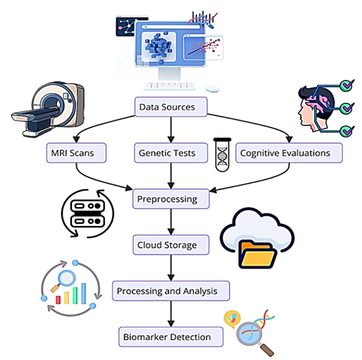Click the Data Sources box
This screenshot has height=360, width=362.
tap(171, 107)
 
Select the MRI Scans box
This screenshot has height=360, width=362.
tap(76, 153)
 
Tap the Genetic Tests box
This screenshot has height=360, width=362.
tap(171, 153)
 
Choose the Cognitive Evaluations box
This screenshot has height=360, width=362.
tap(289, 153)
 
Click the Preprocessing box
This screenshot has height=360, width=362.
tap(171, 199)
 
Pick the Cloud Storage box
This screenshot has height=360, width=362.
tap(171, 245)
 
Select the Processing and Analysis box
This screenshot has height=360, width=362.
tap(171, 291)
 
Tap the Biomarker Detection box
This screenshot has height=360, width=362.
tap(171, 337)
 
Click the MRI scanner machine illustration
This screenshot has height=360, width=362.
tap(48, 109)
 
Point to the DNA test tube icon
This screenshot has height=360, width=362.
tap(222, 155)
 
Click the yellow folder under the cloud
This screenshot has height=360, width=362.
tap(258, 255)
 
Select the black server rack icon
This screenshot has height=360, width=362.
tap(88, 213)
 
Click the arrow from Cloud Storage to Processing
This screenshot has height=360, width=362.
tap(171, 268)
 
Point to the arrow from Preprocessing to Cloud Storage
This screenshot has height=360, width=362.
tap(171, 222)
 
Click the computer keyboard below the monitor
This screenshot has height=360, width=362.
tap(169, 86)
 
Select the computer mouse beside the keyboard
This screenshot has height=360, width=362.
tap(212, 89)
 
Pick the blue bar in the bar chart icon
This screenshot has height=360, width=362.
tap(84, 294)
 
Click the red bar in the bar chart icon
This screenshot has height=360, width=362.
tap(58, 300)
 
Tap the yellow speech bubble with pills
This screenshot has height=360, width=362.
tap(232, 318)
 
